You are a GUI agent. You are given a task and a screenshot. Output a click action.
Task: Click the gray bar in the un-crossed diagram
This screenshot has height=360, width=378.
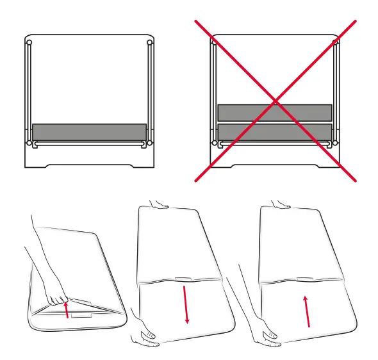click(x=89, y=132)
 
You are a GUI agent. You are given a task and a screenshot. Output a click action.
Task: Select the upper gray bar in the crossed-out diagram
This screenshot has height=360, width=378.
click(x=275, y=113)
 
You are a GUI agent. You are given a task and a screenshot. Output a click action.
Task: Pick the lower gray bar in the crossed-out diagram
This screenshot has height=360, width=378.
click(x=275, y=132)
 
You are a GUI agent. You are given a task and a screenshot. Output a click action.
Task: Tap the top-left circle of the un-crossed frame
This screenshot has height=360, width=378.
click(x=29, y=44)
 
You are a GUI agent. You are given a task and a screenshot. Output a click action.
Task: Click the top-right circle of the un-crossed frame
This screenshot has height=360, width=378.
click(x=149, y=44)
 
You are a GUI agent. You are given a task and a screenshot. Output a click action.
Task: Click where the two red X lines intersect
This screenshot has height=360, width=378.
click(x=275, y=100)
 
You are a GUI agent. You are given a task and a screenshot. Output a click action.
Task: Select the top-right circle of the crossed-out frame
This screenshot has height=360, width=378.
click(x=335, y=44)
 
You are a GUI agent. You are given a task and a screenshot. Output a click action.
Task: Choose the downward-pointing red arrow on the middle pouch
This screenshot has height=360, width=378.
click(x=186, y=305)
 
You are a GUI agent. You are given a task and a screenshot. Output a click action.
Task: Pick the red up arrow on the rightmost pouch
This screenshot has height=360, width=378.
click(x=308, y=310)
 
